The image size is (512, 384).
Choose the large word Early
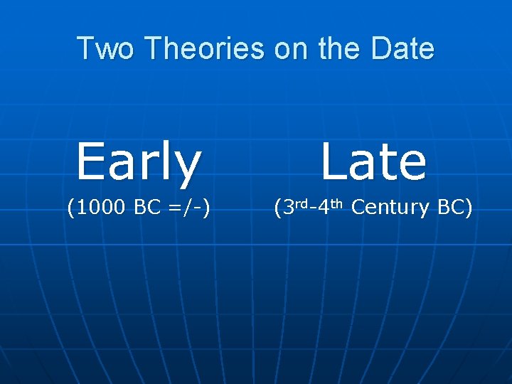click(x=139, y=162)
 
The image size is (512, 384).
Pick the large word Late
click(x=373, y=162)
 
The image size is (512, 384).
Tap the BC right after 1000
click(x=148, y=208)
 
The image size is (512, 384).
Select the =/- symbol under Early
click(x=186, y=208)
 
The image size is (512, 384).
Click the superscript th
click(x=337, y=203)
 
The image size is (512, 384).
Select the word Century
click(x=390, y=208)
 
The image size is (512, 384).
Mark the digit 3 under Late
click(x=289, y=208)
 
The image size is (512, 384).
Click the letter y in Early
click(x=188, y=167)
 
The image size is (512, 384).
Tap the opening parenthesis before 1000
click(x=70, y=208)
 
